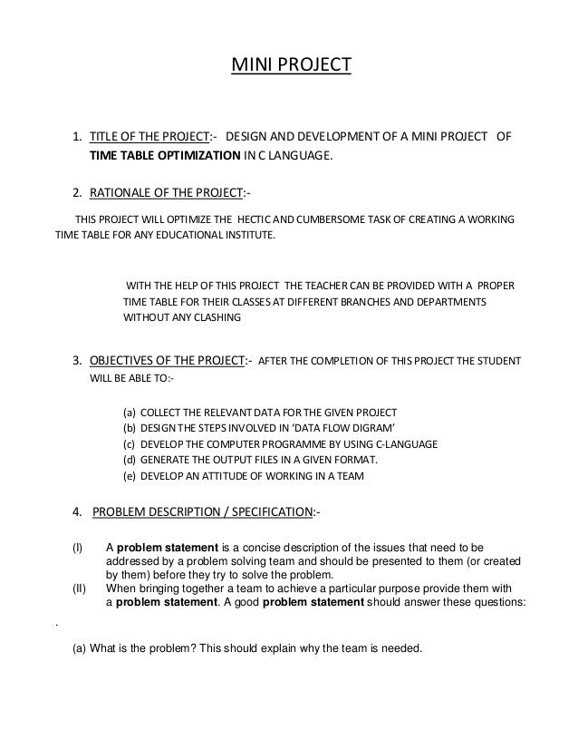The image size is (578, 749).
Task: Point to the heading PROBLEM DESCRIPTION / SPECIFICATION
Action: pos(202,513)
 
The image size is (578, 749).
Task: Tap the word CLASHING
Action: pos(217,318)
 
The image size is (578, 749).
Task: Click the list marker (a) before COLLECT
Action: pos(130,411)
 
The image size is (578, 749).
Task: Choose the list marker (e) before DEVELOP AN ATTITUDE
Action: pos(130,476)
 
